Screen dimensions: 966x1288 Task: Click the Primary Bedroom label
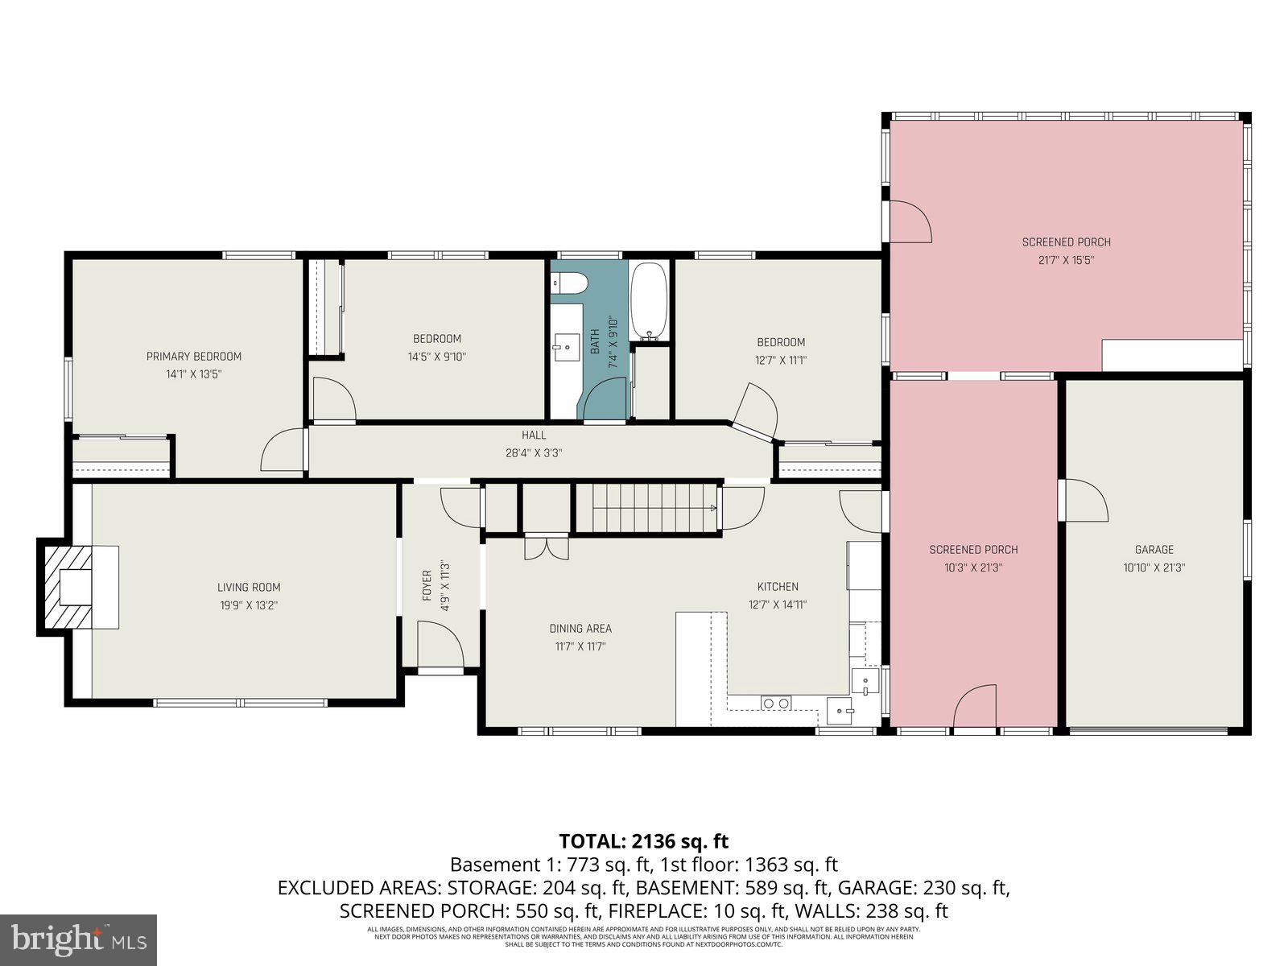coord(193,357)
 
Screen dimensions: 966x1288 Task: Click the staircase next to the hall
coord(647,507)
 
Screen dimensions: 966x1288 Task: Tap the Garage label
coord(1154,550)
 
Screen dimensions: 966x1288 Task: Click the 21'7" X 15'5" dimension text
coord(1066,260)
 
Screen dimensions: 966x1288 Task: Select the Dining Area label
coord(580,629)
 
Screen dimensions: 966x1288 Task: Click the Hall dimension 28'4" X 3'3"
coord(533,453)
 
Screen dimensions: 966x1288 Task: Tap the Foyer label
coord(427,586)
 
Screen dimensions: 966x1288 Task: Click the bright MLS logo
coord(78,938)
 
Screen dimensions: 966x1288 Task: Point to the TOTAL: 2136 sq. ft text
coord(643,841)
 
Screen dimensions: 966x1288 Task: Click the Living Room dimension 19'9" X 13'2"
coord(249,605)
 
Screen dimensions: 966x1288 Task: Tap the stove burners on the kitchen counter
coord(777,704)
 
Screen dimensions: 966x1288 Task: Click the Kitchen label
coord(778,587)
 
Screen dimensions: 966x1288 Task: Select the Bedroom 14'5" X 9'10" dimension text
coord(436,357)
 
